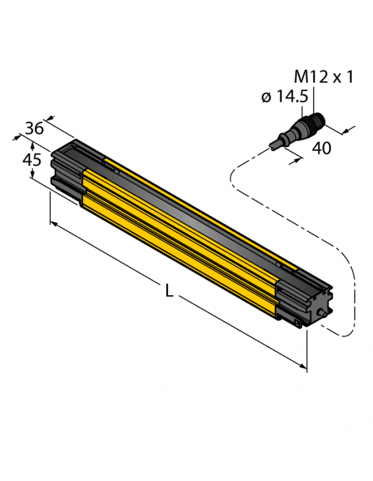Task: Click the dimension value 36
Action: [x=34, y=128]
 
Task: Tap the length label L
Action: [x=169, y=292]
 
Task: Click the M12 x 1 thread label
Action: [x=322, y=77]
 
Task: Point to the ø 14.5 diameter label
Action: [x=284, y=97]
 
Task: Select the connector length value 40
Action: [x=321, y=149]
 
